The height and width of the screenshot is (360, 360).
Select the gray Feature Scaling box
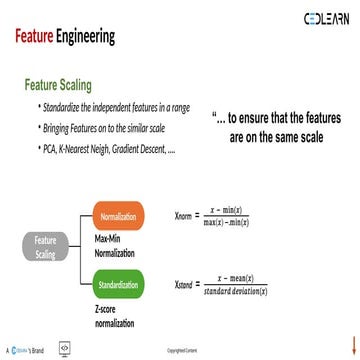coord(45,247)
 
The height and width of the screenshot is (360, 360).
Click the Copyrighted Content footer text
coord(180,352)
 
